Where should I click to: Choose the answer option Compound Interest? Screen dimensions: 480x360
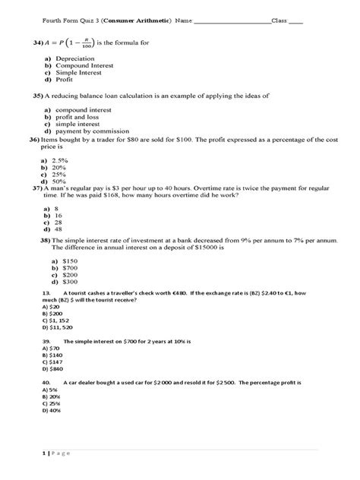tap(81, 66)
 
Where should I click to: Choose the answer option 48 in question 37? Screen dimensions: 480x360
tap(58, 229)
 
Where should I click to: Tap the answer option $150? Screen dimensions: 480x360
tap(62, 261)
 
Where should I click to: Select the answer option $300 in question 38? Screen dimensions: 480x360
tap(62, 281)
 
